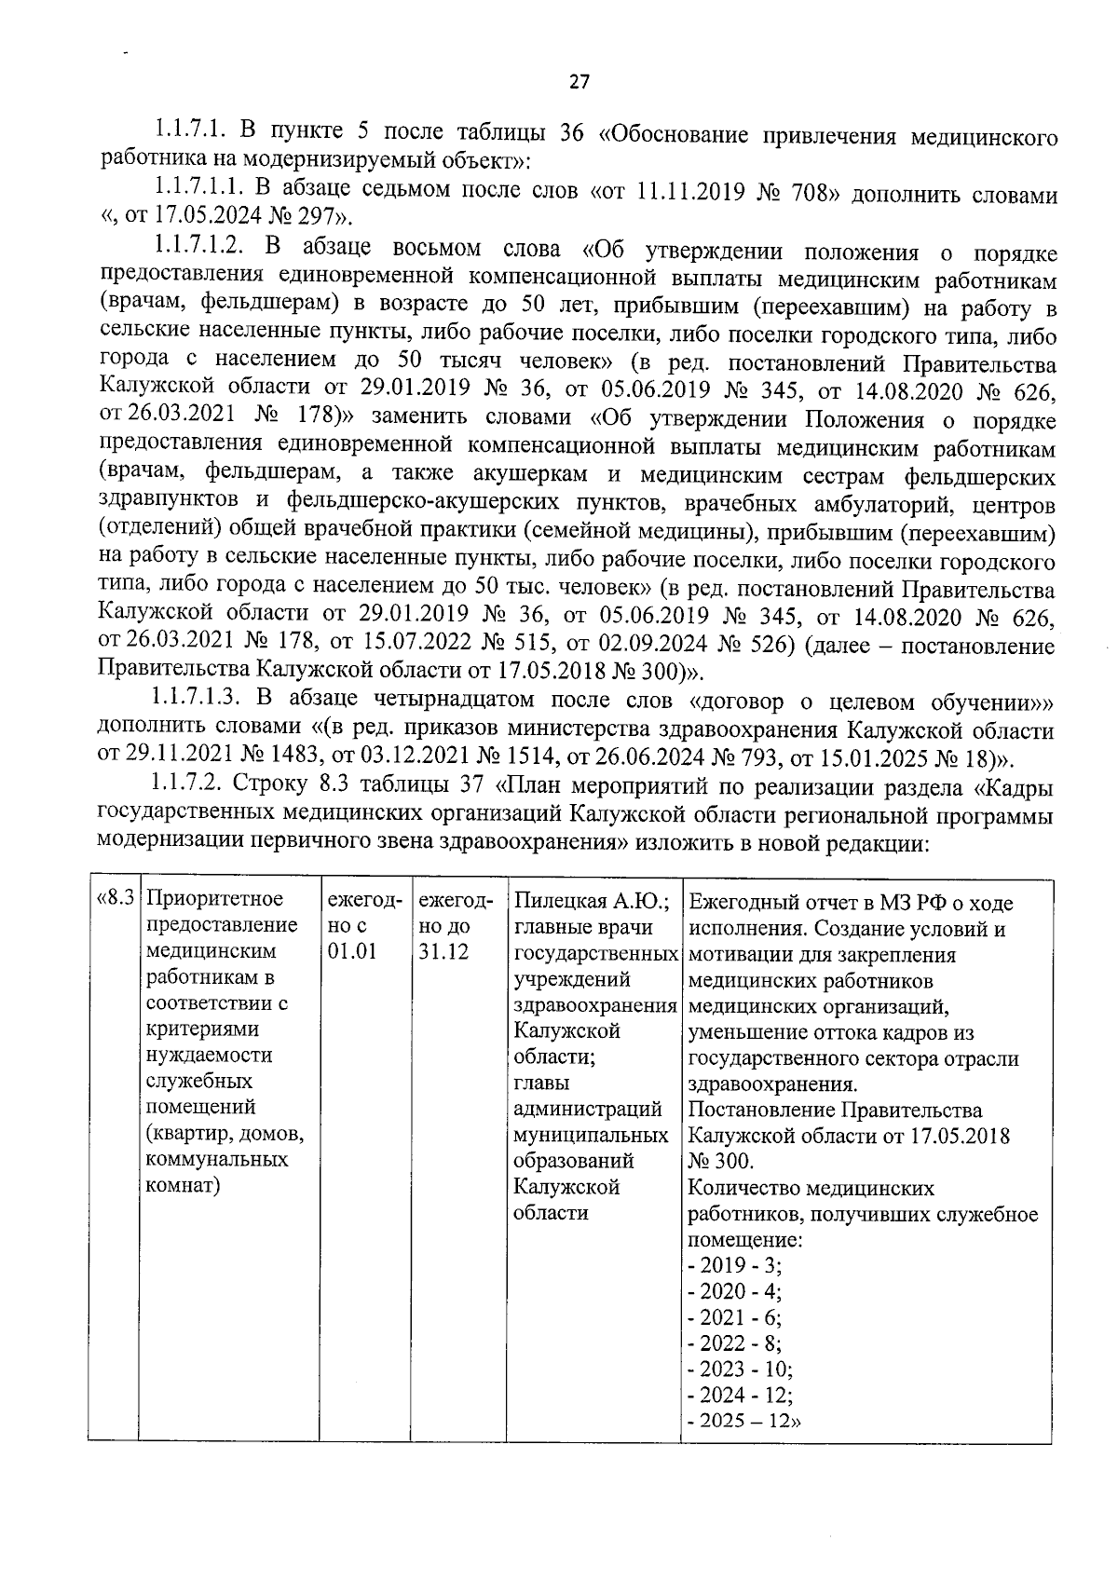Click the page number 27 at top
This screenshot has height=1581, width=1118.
point(579,82)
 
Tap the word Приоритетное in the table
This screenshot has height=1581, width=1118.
point(215,900)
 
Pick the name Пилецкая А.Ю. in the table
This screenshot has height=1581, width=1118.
point(593,902)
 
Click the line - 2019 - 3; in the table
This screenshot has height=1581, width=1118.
point(734,1265)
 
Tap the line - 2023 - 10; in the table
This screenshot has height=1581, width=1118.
point(740,1370)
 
